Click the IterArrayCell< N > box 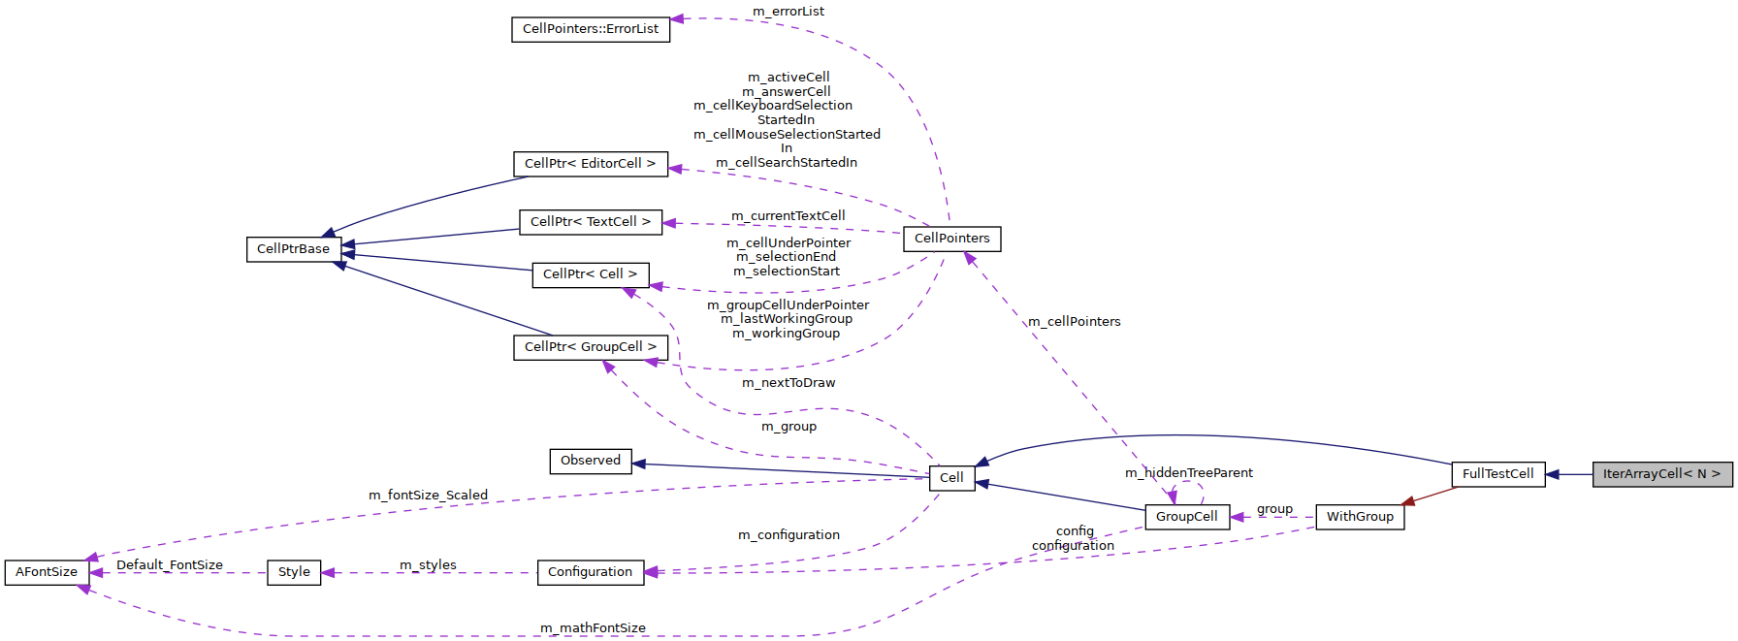tap(1661, 474)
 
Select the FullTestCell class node tap(1497, 474)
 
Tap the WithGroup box tap(1359, 517)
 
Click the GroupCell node tap(1186, 517)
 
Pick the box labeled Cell tap(951, 478)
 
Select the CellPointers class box tap(951, 239)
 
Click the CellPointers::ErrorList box tap(590, 29)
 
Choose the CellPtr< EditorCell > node tap(590, 164)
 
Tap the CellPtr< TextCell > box tap(590, 222)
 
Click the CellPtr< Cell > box tap(590, 274)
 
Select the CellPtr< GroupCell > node tap(590, 347)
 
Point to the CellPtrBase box tap(293, 249)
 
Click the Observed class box tap(590, 461)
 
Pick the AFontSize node tap(47, 572)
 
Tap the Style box tap(294, 572)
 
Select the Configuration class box tap(590, 572)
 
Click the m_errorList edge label tap(788, 12)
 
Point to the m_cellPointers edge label tap(1074, 322)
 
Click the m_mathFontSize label tap(593, 628)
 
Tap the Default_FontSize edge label tap(170, 565)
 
